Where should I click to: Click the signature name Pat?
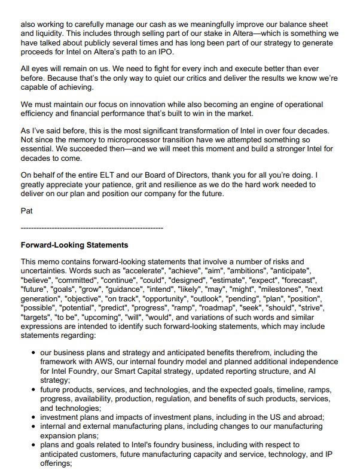point(26,212)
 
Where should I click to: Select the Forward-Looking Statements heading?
point(74,245)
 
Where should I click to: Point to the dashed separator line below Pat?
point(91,228)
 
